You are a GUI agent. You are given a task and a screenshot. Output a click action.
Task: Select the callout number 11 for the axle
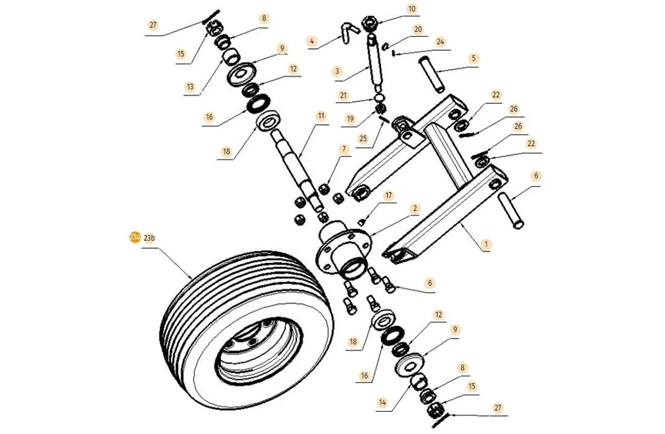coord(321,115)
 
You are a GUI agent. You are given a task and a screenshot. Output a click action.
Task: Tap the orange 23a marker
coord(134,238)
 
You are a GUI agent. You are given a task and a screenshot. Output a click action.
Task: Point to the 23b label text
coord(149,238)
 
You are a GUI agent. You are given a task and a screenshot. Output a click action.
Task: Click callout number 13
coord(191,87)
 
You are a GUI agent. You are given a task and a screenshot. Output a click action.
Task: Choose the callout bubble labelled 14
coord(381,401)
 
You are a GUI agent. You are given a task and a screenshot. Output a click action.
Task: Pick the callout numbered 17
coord(388,196)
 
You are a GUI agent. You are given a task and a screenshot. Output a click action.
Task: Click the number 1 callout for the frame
coord(487,245)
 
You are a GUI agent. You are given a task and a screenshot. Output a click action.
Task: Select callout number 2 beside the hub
coord(415,209)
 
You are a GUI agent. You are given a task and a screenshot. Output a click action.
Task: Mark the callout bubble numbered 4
coord(312,42)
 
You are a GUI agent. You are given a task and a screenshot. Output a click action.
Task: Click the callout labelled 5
coord(474,59)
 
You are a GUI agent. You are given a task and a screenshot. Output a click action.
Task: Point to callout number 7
coord(344,149)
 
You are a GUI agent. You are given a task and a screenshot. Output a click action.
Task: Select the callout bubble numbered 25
coord(363,138)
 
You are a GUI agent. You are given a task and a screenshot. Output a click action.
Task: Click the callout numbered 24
coord(441,42)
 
